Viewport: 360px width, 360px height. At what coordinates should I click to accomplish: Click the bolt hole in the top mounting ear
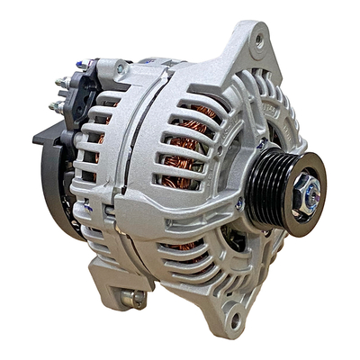click(x=260, y=40)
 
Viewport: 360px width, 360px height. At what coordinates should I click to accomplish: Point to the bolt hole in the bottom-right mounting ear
click(x=236, y=317)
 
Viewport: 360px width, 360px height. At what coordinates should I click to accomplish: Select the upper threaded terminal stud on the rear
click(x=62, y=84)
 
